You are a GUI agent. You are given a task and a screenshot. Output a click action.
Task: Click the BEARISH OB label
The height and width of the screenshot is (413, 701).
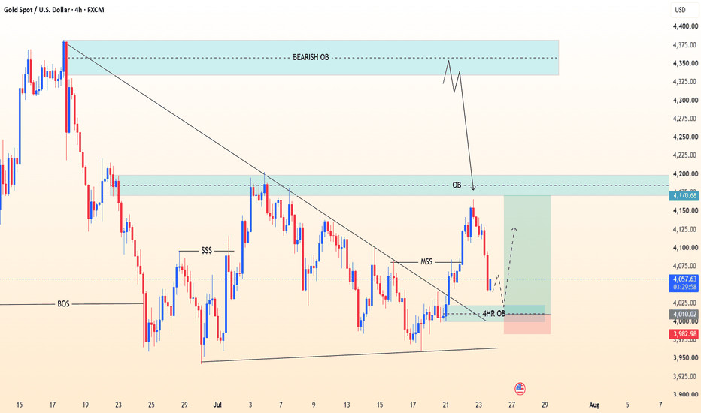point(311,57)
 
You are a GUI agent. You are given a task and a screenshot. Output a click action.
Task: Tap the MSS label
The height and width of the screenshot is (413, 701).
point(426,261)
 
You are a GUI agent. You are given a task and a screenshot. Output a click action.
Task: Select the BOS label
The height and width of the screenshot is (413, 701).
point(63,304)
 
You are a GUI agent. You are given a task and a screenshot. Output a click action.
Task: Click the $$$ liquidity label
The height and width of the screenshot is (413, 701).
point(207,251)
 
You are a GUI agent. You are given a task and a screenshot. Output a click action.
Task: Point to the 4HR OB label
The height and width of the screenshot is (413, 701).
point(494,314)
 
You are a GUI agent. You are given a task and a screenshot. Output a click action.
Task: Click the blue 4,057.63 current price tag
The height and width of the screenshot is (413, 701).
point(684,283)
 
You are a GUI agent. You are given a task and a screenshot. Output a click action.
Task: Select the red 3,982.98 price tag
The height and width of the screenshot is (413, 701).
point(684,334)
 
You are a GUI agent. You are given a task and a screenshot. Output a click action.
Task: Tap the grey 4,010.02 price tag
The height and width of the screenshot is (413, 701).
point(684,315)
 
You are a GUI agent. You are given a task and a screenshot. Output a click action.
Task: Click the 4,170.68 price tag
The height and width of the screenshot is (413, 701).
point(684,195)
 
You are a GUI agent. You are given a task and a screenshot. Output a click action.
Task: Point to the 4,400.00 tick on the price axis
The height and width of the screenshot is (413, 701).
point(685,27)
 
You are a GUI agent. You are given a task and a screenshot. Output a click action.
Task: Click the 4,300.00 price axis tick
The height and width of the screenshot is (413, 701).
point(685,101)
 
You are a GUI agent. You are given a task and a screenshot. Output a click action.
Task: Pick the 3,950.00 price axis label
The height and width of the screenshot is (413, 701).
point(685,358)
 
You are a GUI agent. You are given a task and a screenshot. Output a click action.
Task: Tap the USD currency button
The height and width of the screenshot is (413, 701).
point(681,10)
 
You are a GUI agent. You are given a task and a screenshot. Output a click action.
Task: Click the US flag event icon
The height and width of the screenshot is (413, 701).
point(520,389)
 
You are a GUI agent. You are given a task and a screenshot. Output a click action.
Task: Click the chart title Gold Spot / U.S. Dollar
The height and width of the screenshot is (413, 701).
point(37,9)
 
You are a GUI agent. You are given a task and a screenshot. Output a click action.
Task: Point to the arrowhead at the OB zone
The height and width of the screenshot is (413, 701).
point(473,188)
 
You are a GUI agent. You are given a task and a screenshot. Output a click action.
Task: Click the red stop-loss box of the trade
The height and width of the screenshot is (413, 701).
point(527,324)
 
